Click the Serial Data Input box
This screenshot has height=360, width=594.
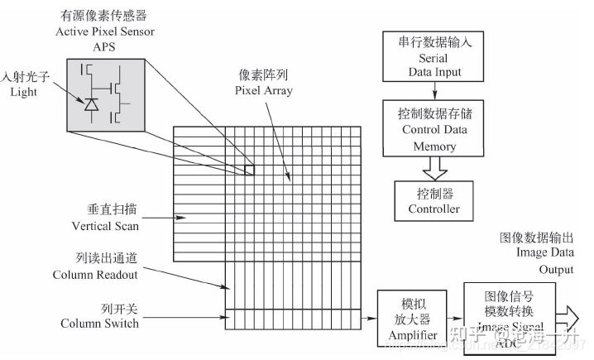coord(434,57)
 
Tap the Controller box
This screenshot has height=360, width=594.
coord(434,199)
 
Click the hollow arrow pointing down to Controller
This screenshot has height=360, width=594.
coord(434,168)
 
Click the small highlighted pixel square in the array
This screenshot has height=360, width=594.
coord(249,170)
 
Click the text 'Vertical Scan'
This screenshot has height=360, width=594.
coord(98,225)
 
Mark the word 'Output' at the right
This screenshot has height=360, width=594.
coord(556,269)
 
